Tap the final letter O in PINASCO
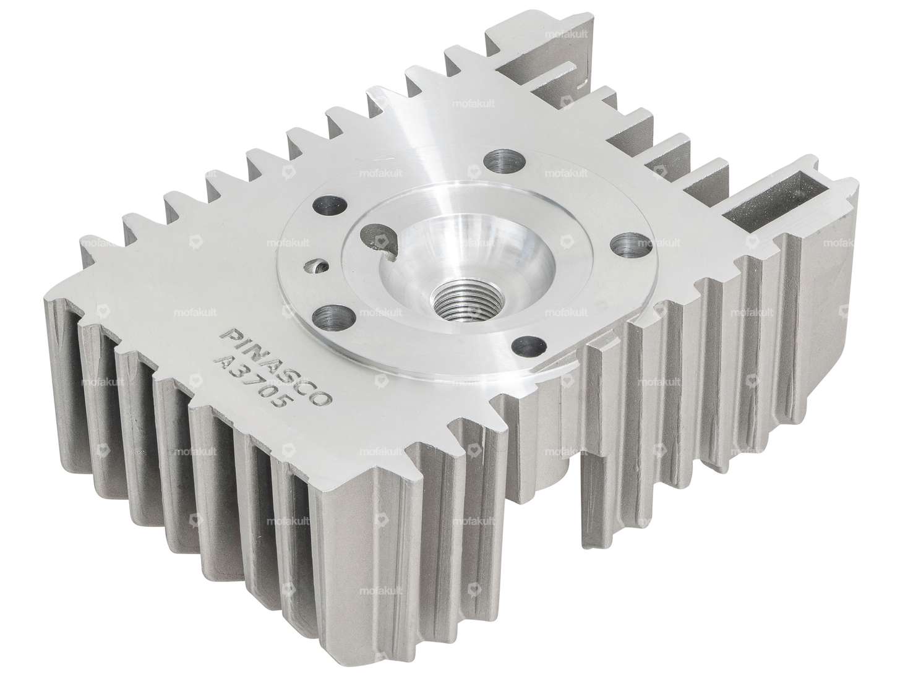tap(322, 398)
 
